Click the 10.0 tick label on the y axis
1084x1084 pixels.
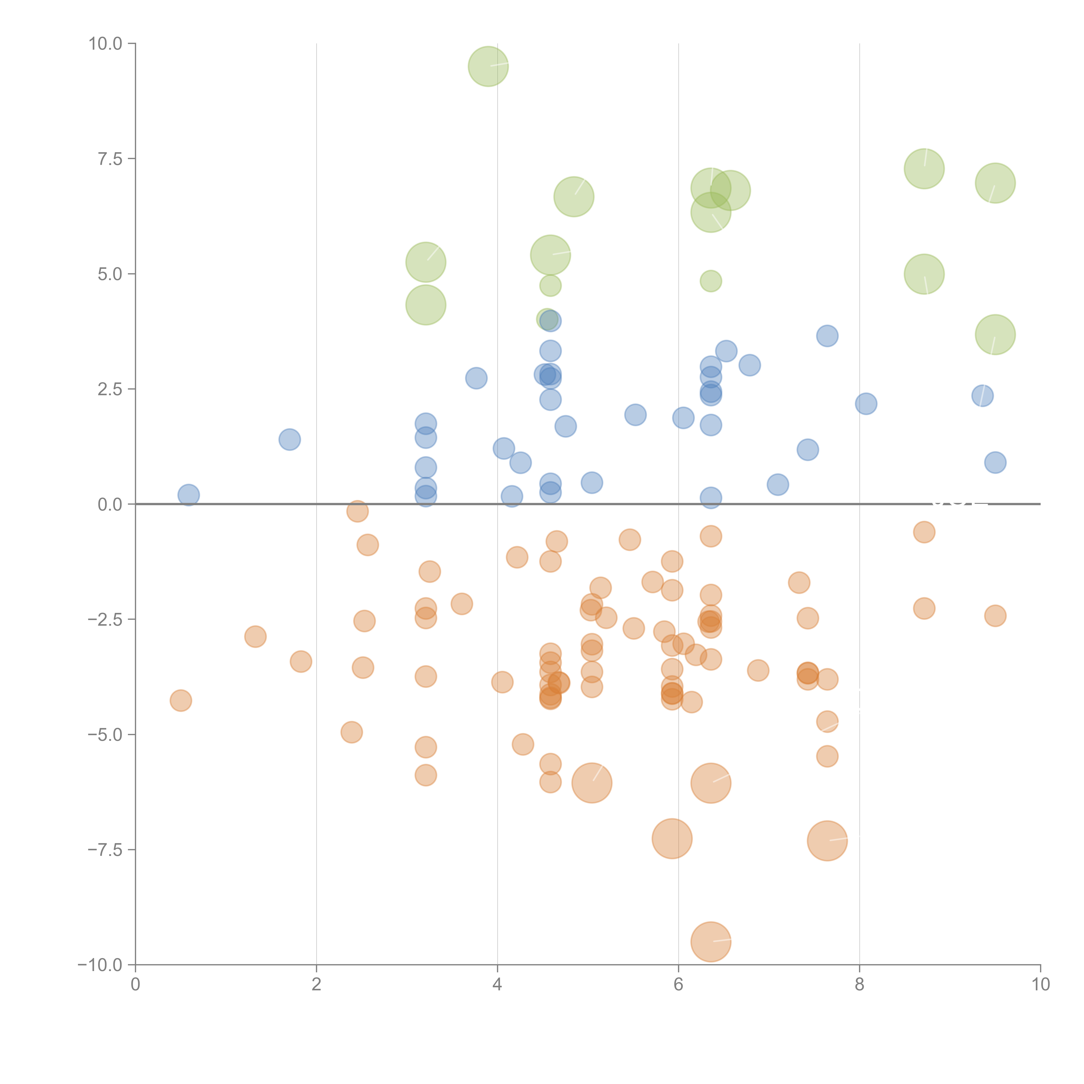106,44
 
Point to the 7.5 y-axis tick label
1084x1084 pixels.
110,159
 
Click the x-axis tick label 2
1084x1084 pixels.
317,985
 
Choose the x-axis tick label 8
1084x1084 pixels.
860,985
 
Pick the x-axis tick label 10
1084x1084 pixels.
1040,985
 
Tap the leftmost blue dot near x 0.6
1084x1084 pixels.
189,495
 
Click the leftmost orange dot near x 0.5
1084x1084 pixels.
181,700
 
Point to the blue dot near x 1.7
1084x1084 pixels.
289,439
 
